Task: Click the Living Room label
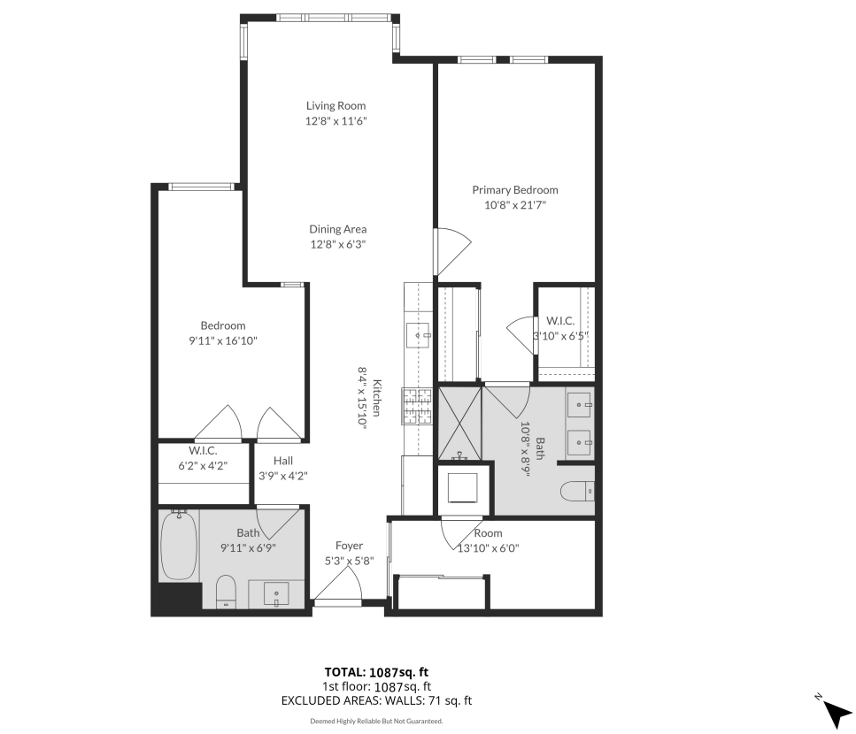(335, 106)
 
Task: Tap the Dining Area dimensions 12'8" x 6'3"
(338, 244)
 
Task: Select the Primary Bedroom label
(515, 190)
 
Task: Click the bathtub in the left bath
(179, 546)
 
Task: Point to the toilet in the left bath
(226, 592)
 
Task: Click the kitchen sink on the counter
(418, 335)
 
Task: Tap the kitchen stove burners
(417, 406)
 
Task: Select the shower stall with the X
(460, 424)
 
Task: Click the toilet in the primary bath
(577, 491)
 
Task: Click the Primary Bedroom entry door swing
(452, 251)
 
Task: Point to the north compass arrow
(837, 714)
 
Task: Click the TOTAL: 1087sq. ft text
(376, 672)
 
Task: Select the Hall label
(283, 461)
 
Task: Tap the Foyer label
(349, 546)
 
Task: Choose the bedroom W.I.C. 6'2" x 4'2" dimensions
(203, 466)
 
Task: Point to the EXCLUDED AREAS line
(376, 700)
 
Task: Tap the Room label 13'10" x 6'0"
(488, 540)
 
